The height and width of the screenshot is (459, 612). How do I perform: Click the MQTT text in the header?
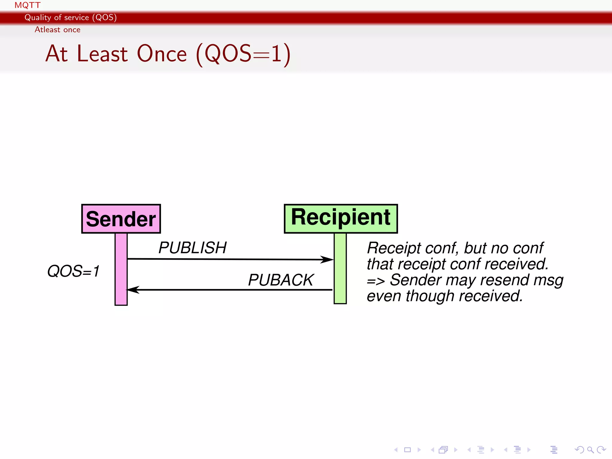click(x=27, y=5)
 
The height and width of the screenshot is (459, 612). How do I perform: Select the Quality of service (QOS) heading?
click(x=71, y=17)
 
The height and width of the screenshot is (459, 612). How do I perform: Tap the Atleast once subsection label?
click(x=57, y=30)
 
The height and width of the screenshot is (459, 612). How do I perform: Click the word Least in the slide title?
click(x=102, y=54)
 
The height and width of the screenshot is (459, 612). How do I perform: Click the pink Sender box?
click(x=121, y=219)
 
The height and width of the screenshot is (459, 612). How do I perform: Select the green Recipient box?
click(x=341, y=218)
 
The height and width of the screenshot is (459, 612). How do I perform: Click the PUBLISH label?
click(x=192, y=248)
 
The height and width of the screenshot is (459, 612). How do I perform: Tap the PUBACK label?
click(x=281, y=280)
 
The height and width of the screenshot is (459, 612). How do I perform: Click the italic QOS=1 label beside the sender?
click(x=73, y=271)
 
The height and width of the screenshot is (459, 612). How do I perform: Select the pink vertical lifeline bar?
click(x=121, y=269)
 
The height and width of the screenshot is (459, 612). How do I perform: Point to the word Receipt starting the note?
click(x=394, y=248)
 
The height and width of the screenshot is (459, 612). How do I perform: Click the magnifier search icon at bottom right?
click(x=590, y=450)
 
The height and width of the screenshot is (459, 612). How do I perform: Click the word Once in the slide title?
click(x=162, y=54)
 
